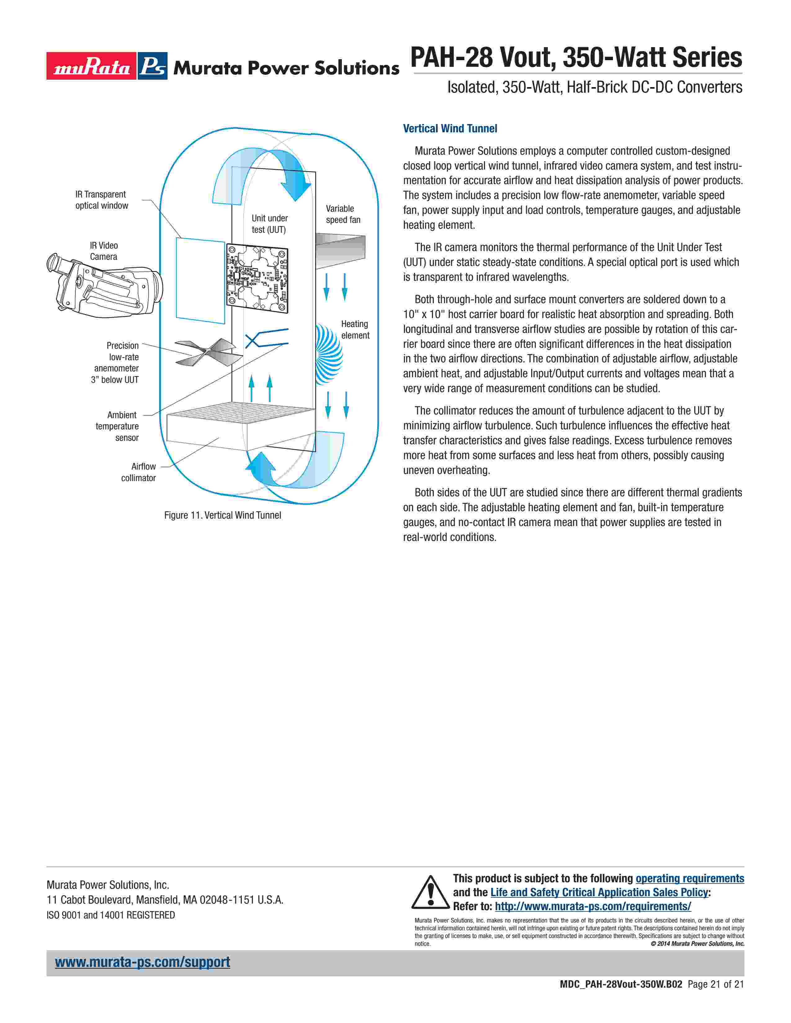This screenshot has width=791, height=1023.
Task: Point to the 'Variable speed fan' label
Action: point(343,214)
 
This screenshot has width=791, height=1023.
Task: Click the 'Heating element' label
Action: point(355,330)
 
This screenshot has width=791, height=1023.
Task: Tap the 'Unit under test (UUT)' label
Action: point(270,224)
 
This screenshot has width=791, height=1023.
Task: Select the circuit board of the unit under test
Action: point(257,278)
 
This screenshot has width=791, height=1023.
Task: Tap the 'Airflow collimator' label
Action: point(139,472)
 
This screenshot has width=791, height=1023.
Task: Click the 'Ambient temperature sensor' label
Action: point(118,426)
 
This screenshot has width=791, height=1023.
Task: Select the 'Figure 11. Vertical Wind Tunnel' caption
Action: point(223,515)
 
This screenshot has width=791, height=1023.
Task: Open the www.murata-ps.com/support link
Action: point(142,962)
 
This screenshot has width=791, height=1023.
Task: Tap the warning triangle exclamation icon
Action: point(430,892)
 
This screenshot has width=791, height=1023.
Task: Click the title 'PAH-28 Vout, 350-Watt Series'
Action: point(576,58)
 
